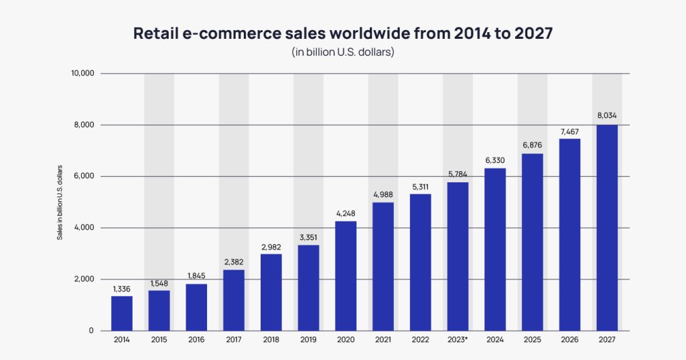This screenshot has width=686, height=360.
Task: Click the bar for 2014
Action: [121, 313]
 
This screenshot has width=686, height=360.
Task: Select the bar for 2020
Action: [346, 276]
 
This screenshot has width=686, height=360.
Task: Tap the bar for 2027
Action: [607, 227]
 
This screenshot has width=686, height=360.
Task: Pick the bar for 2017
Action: [234, 300]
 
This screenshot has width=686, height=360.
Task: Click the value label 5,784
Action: [458, 174]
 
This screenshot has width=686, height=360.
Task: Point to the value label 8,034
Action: [607, 116]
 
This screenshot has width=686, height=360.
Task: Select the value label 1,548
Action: [159, 282]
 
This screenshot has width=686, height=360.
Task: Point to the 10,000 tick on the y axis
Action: [83, 73]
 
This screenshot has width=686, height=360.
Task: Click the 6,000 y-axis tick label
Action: [86, 176]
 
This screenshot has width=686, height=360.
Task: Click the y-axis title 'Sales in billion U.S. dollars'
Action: [60, 202]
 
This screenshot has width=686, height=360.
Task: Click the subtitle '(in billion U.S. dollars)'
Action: [342, 52]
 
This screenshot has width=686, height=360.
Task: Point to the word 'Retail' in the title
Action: [156, 33]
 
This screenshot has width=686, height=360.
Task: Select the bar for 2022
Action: [420, 262]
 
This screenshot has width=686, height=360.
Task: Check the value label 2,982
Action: [271, 246]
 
